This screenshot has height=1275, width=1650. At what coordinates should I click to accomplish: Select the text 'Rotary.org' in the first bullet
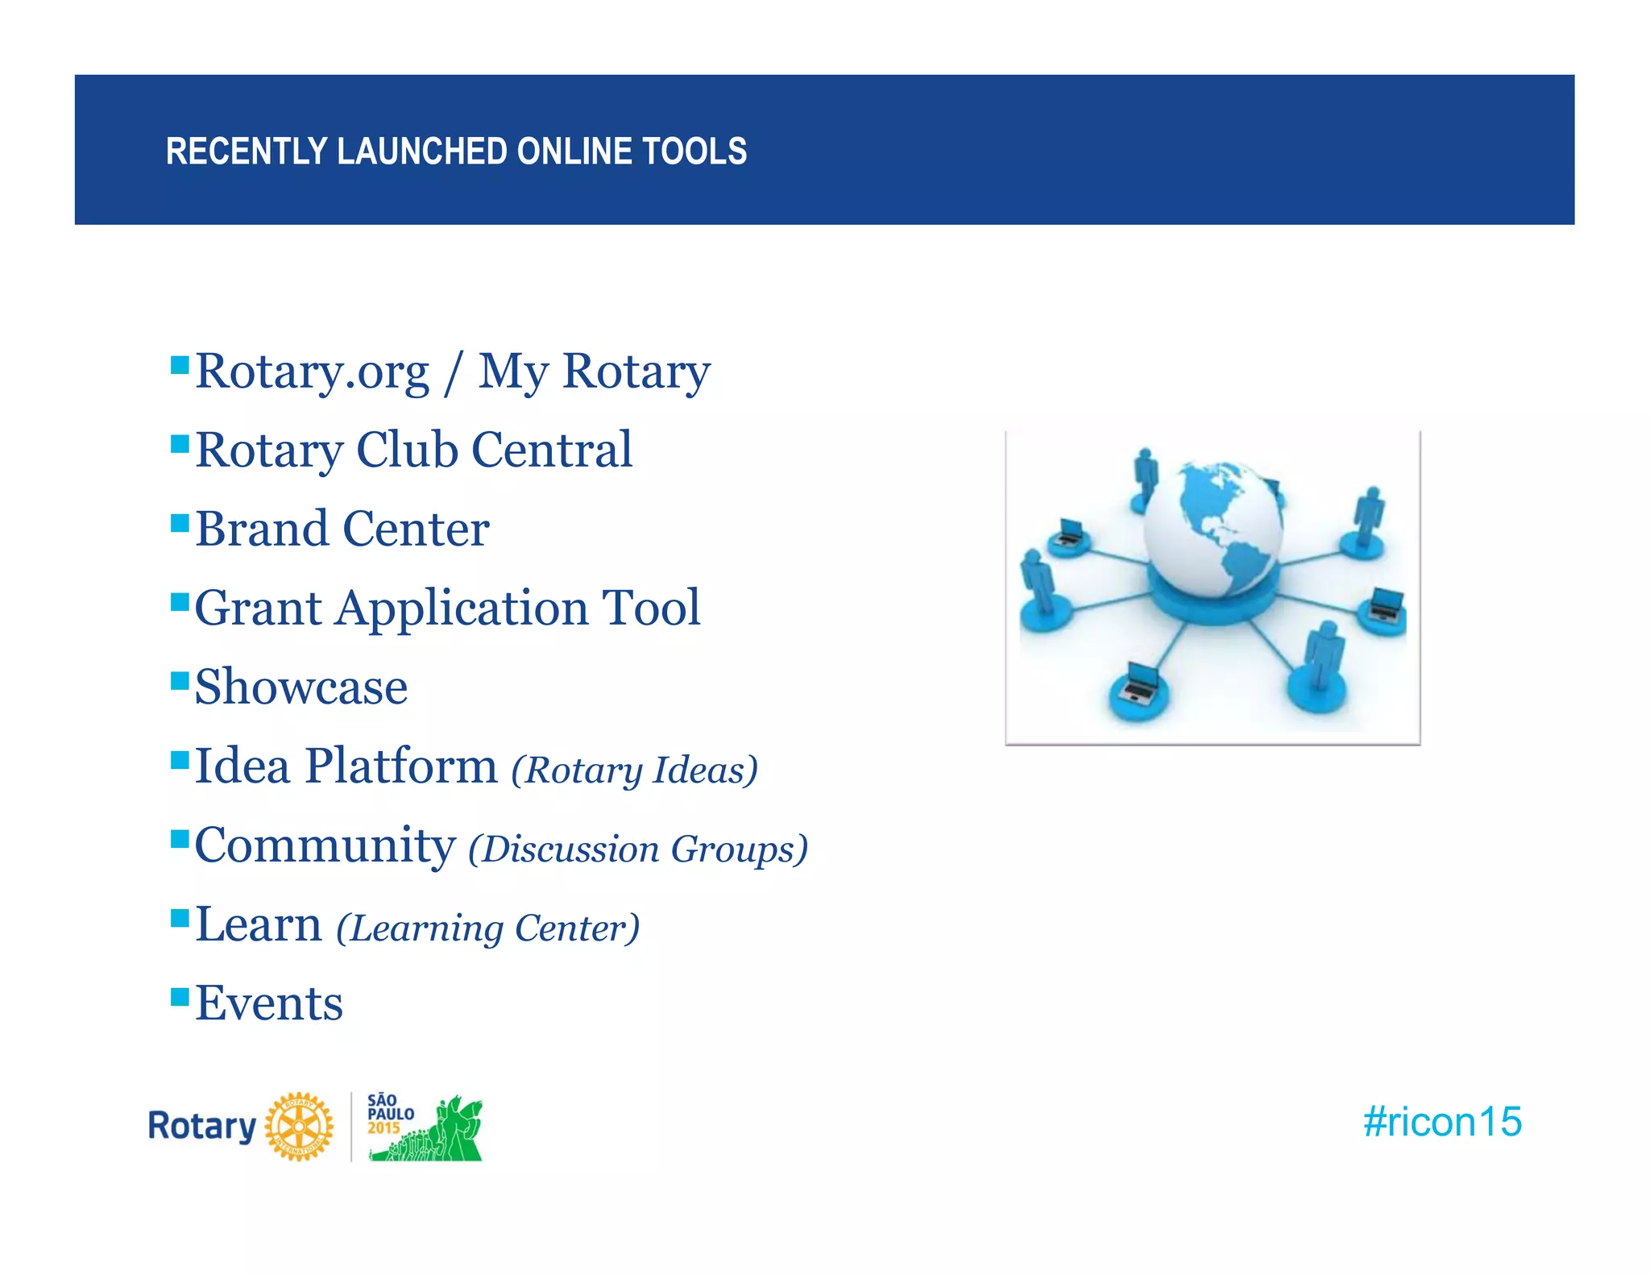[x=313, y=372]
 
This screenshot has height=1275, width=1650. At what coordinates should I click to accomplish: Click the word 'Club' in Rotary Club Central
[x=406, y=450]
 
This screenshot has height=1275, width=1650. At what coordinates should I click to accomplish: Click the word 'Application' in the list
[x=462, y=608]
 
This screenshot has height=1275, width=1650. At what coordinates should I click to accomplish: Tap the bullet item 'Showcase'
[x=301, y=687]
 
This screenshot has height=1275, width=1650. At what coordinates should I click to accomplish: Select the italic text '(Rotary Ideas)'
[x=634, y=770]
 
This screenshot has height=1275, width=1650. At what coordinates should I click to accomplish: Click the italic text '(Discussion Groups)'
[x=638, y=849]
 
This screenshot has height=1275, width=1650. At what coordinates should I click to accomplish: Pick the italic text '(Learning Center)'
[x=487, y=928]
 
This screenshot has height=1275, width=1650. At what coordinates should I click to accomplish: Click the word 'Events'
[x=269, y=1004]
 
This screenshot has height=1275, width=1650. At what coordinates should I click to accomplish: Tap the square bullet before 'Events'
[x=180, y=997]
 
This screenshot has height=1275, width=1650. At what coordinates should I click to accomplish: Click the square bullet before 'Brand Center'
[x=180, y=523]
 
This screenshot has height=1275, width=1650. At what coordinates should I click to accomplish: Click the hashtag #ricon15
[x=1441, y=1122]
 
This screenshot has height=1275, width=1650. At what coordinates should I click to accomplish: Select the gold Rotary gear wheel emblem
[x=299, y=1127]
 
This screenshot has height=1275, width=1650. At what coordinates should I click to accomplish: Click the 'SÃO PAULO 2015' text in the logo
[x=390, y=1114]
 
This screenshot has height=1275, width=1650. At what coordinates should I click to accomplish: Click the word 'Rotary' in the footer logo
[x=201, y=1126]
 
